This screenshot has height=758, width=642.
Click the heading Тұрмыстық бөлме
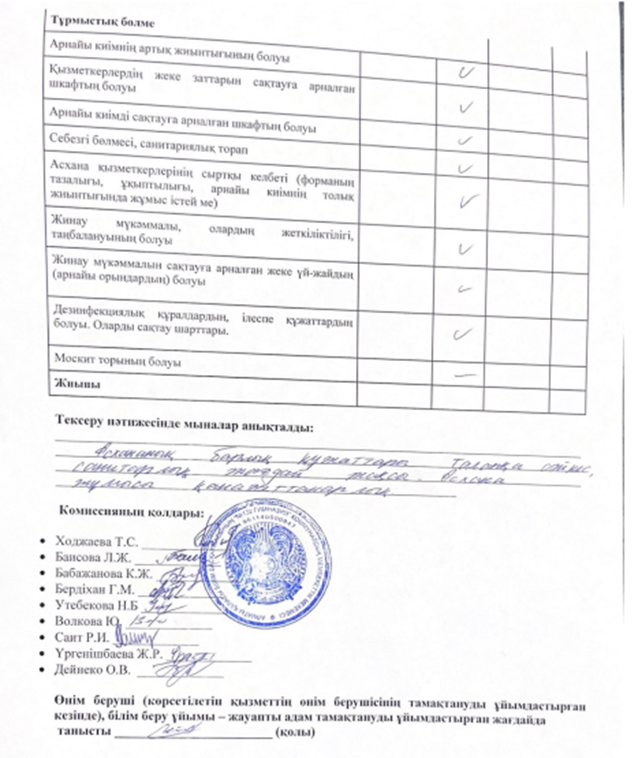point(95,20)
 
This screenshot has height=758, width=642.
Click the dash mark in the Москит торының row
point(465,371)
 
